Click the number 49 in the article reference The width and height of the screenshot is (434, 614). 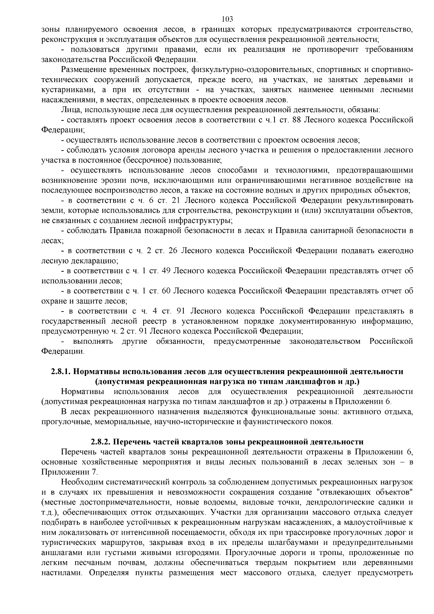coord(166,271)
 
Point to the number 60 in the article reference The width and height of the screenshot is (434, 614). coord(166,291)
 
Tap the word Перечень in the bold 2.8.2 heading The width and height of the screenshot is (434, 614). coord(133,442)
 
